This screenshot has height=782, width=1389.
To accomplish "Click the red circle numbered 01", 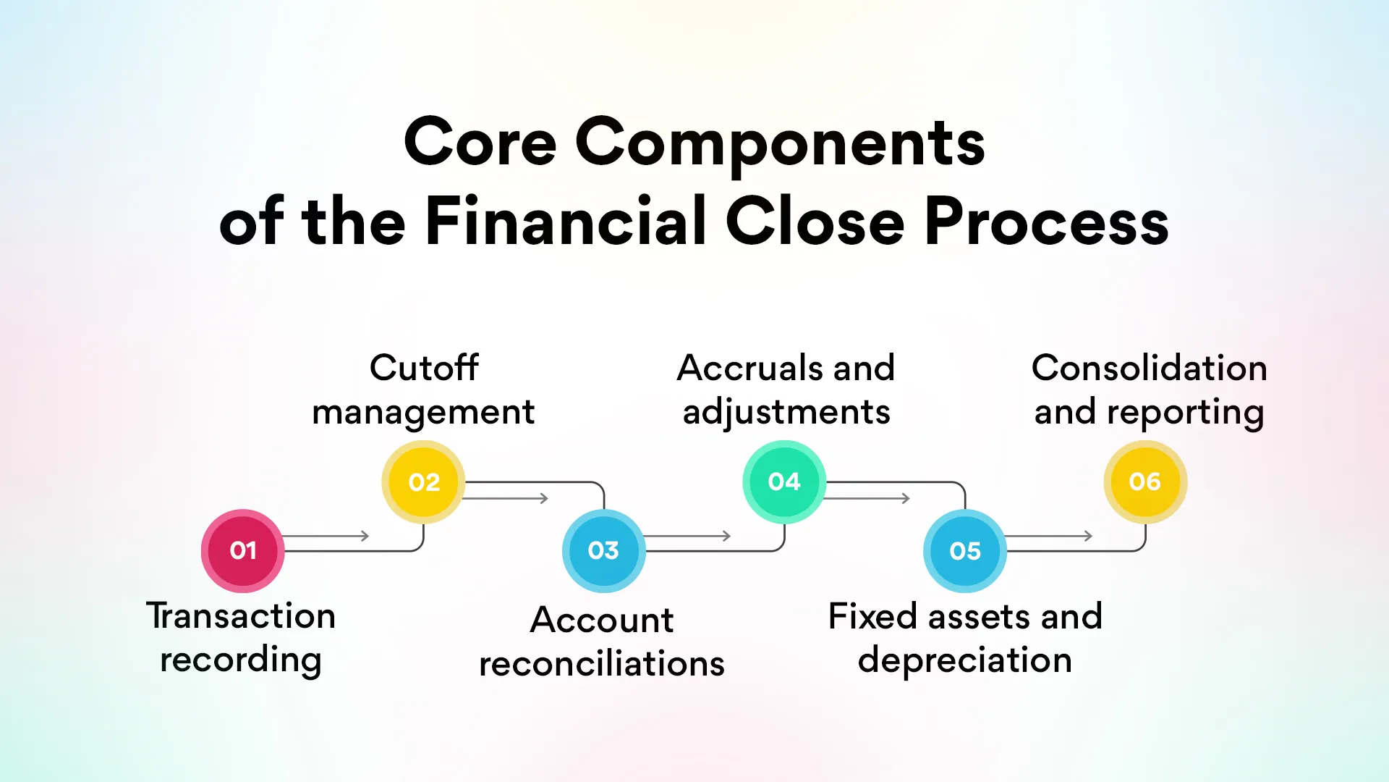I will click(x=242, y=551).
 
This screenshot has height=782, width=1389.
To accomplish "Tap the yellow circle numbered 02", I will click(x=423, y=482).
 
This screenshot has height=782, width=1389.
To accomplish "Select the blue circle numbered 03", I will click(x=603, y=551).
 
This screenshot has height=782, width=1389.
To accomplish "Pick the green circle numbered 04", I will click(x=784, y=482).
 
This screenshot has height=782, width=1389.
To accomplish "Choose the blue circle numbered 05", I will click(x=965, y=551).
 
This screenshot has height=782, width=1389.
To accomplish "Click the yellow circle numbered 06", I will click(x=1144, y=482).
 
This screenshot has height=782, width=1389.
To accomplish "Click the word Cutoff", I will click(x=424, y=368).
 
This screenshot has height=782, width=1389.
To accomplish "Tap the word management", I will click(x=423, y=413).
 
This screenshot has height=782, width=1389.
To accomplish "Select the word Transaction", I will click(x=241, y=616).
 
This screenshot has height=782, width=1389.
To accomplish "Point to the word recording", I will click(x=241, y=660).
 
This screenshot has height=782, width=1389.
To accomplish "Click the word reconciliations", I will click(x=602, y=664).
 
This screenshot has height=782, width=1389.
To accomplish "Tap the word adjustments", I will click(x=786, y=413).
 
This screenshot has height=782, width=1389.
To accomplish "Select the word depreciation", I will click(x=965, y=660).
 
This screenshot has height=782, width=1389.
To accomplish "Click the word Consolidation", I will click(x=1149, y=368).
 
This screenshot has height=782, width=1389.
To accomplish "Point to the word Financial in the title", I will click(x=566, y=222).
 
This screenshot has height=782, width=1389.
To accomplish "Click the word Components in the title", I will click(x=780, y=143).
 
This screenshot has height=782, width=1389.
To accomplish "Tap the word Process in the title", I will click(x=1046, y=222).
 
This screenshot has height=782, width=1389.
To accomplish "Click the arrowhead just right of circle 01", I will click(x=365, y=536).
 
